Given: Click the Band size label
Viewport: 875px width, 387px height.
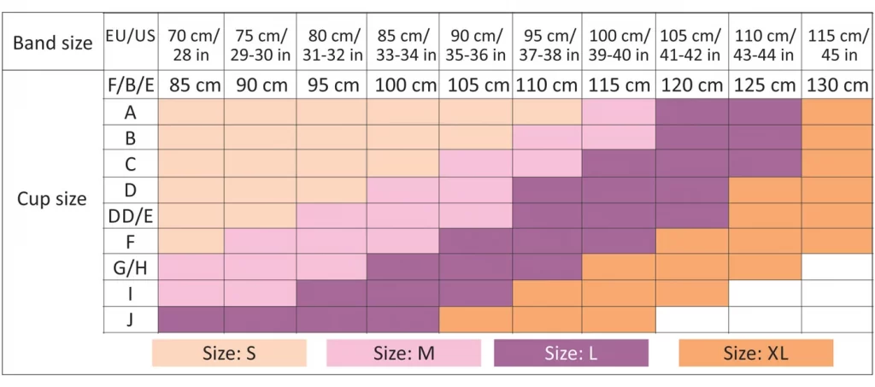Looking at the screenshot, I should coord(53,42).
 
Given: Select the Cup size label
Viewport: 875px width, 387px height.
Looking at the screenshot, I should coord(52,199).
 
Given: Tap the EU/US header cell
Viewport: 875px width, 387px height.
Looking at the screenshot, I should coord(130,36).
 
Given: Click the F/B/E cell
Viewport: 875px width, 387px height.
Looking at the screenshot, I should coord(130,85).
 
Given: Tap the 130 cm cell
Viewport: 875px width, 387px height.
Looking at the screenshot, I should coord(837,85).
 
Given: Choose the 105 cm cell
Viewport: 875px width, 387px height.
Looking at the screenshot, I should coord(476,85).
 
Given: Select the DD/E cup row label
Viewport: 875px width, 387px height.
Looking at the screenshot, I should coord(130,215).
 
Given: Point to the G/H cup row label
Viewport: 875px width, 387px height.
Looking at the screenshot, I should coord(130,267).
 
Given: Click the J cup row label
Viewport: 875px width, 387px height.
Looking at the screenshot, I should coord(130,320).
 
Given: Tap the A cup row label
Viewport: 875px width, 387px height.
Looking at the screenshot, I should coord(130,112).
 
